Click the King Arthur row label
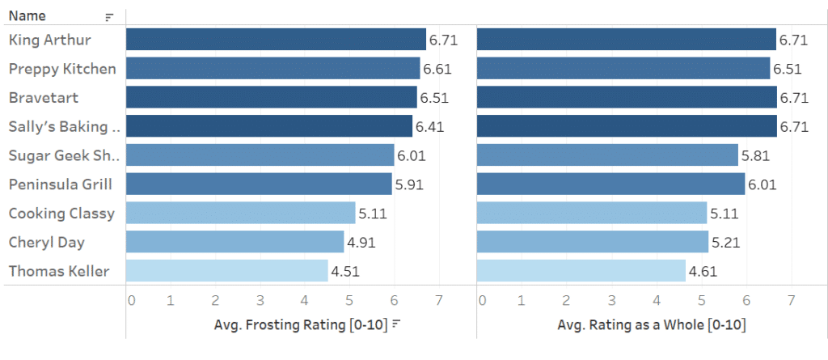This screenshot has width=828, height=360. [x=49, y=40]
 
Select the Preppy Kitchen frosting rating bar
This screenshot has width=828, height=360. [x=272, y=69]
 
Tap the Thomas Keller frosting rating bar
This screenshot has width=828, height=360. [x=226, y=271]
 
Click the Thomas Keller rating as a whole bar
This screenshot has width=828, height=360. [x=581, y=271]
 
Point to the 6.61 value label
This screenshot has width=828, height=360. [x=437, y=69]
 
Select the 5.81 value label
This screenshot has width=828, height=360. [x=756, y=155]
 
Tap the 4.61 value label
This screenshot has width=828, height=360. [x=703, y=271]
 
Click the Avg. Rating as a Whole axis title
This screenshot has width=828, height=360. [x=651, y=325]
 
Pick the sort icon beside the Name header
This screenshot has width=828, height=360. [x=109, y=17]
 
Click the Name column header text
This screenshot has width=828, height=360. [x=27, y=16]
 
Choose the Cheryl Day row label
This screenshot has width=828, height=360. [x=46, y=242]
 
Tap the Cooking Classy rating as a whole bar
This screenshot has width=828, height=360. [x=592, y=214]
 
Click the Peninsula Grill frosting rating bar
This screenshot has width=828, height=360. [x=259, y=184]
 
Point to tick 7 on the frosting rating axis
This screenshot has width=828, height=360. [x=438, y=301]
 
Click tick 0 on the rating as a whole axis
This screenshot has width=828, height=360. [x=482, y=301]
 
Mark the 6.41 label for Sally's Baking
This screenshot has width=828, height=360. [x=429, y=127]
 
